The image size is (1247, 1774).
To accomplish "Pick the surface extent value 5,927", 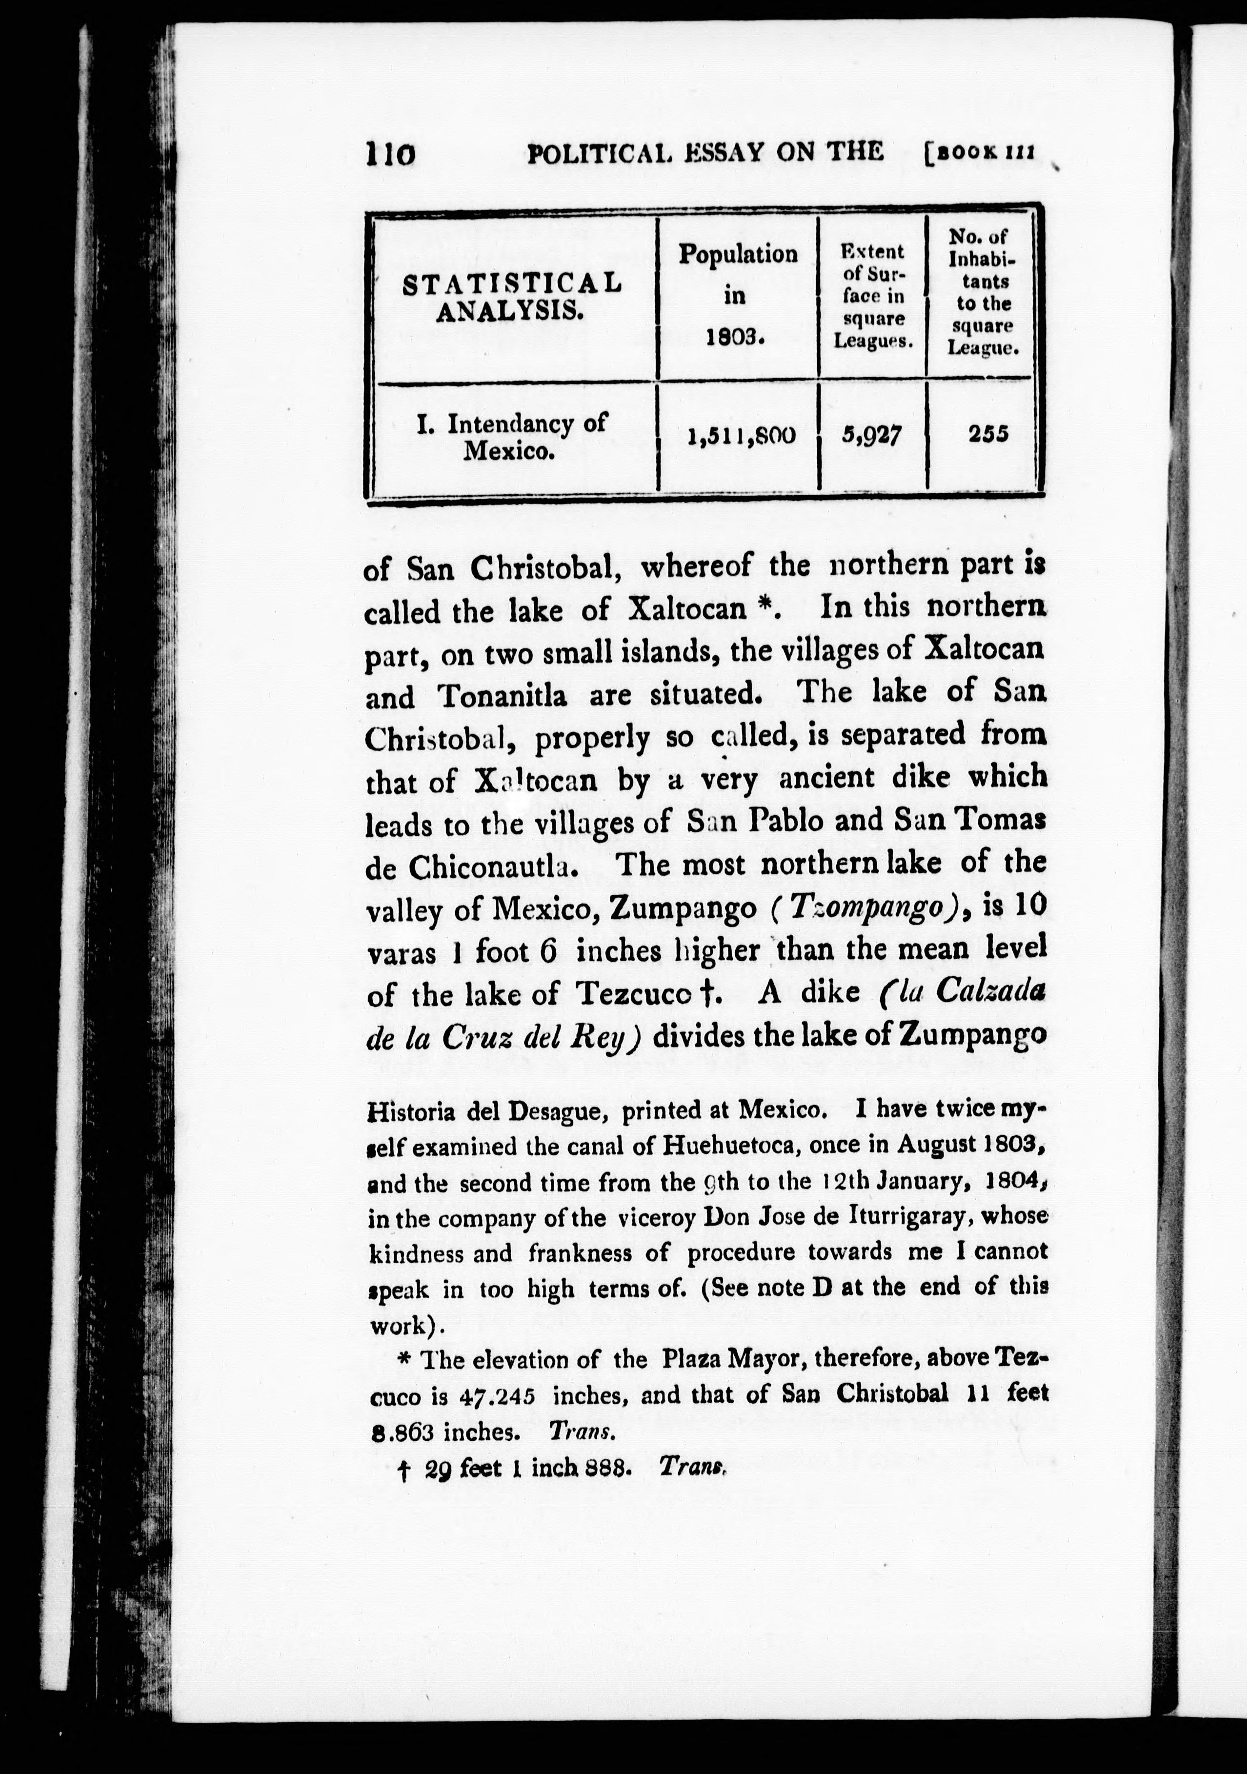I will click(871, 437).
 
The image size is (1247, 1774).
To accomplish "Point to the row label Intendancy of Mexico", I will click(511, 437).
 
